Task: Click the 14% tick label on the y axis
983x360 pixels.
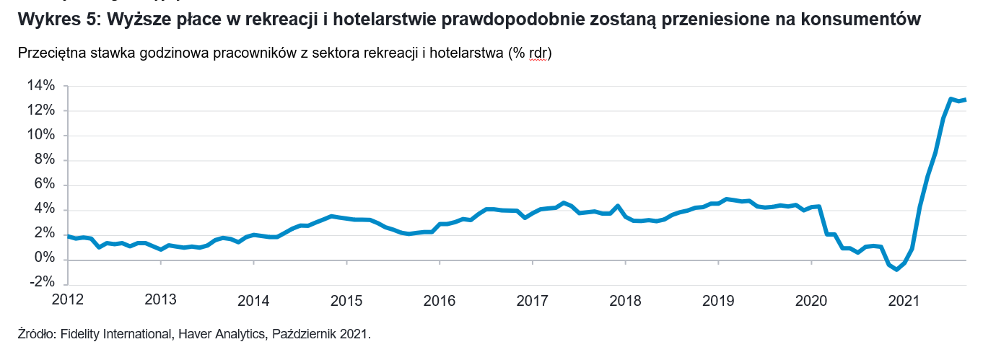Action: click(41, 86)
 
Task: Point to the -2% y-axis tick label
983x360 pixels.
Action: click(41, 283)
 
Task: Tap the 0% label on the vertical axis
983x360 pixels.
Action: click(44, 258)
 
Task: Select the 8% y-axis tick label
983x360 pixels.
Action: click(44, 159)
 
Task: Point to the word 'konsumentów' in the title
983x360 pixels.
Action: click(862, 19)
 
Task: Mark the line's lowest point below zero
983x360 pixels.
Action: click(896, 269)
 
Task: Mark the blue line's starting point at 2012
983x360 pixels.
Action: click(67, 236)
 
